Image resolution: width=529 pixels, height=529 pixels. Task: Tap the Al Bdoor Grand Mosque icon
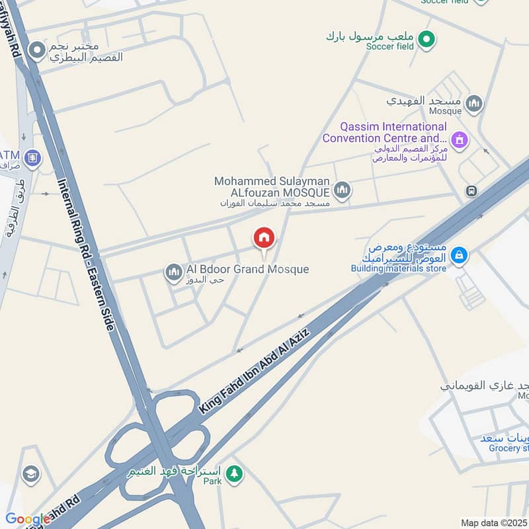(174, 272)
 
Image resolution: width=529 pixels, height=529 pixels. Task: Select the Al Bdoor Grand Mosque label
(247, 269)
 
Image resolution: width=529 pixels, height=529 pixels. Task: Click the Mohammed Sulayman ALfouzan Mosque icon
(342, 191)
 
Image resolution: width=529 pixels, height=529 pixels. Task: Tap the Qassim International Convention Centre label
(384, 132)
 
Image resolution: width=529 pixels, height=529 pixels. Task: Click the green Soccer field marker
(427, 40)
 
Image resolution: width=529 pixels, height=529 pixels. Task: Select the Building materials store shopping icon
(459, 255)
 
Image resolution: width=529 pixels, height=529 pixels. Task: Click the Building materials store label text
(399, 268)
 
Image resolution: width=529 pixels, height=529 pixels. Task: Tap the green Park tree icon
(234, 473)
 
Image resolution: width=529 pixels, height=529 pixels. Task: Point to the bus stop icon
(471, 191)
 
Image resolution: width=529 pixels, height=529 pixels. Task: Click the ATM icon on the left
(32, 157)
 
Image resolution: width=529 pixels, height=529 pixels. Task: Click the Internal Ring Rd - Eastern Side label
(85, 255)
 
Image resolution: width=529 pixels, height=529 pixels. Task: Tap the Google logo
(27, 520)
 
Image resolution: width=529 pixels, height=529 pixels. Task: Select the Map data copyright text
(494, 523)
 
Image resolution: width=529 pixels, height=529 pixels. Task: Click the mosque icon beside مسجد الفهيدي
(473, 103)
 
